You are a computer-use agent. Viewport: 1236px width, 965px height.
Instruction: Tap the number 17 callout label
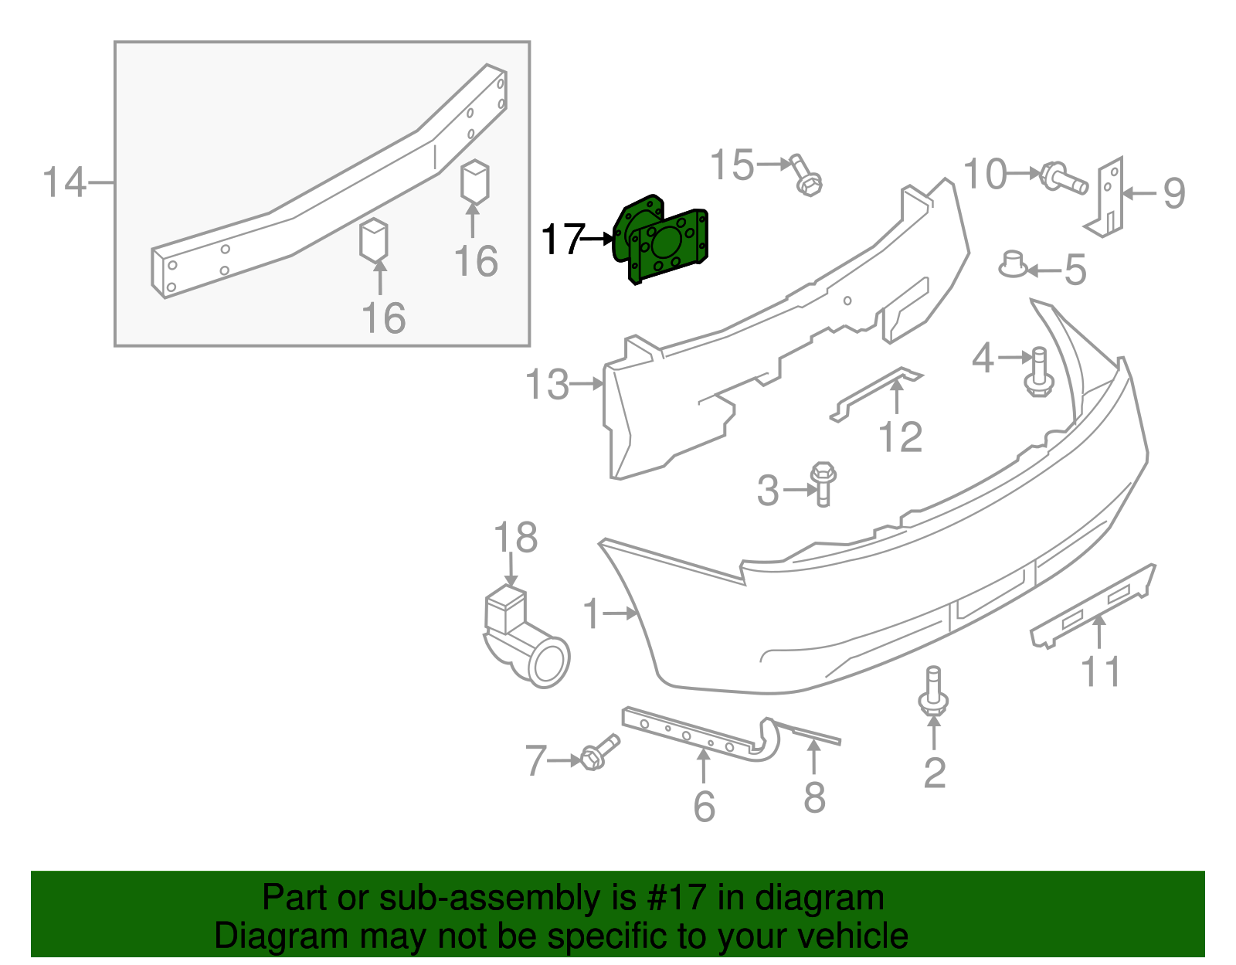[562, 240]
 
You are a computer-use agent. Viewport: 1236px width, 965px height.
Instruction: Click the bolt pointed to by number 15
[806, 177]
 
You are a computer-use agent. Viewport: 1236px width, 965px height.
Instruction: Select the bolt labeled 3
[823, 482]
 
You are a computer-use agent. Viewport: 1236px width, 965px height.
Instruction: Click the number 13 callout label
[547, 385]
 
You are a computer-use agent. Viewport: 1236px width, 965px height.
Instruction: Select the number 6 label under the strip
[704, 806]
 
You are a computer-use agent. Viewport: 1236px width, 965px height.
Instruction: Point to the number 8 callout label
[814, 797]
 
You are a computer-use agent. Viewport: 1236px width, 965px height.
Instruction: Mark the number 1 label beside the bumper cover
[591, 614]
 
